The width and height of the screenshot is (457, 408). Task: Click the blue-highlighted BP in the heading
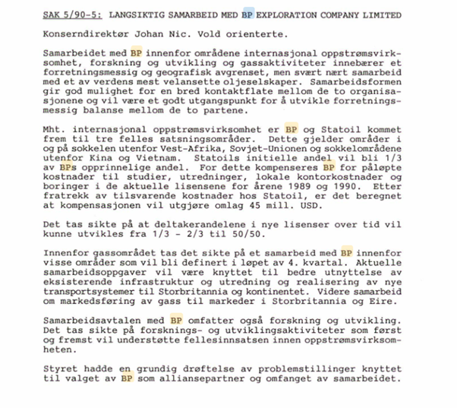[x=247, y=14]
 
